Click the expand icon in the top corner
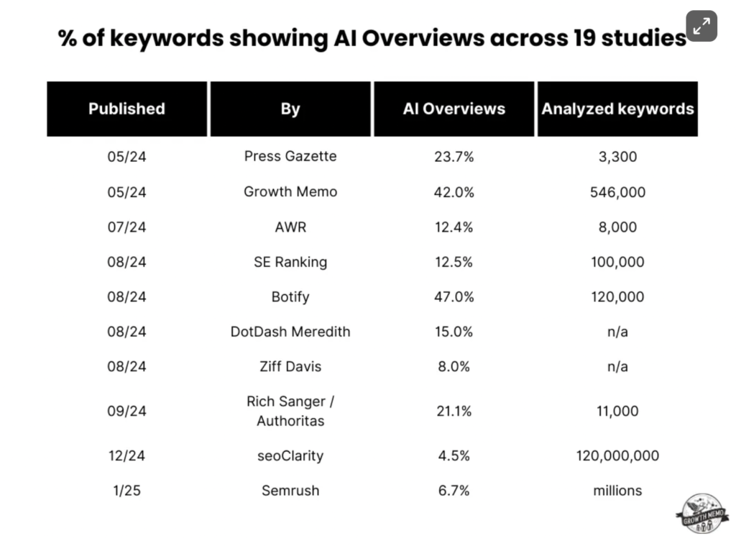pyautogui.click(x=701, y=26)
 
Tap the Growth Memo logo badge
pyautogui.click(x=701, y=514)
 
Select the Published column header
pyautogui.click(x=126, y=109)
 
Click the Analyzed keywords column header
pyautogui.click(x=617, y=109)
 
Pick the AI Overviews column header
pyautogui.click(x=454, y=109)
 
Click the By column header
pyautogui.click(x=290, y=109)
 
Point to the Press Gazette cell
pyautogui.click(x=290, y=156)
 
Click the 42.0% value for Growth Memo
pyautogui.click(x=454, y=192)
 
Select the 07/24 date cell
pyautogui.click(x=126, y=227)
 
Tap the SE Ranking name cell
pyautogui.click(x=290, y=262)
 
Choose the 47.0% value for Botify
pyautogui.click(x=454, y=297)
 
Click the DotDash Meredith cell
pyautogui.click(x=290, y=332)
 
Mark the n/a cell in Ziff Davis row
pyautogui.click(x=617, y=366)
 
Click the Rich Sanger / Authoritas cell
pyautogui.click(x=290, y=411)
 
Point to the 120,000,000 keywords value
pyautogui.click(x=617, y=456)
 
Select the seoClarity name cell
pyautogui.click(x=290, y=456)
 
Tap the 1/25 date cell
pyautogui.click(x=126, y=491)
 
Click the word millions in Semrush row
pyautogui.click(x=617, y=491)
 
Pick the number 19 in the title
pyautogui.click(x=584, y=38)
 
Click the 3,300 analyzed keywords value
pyautogui.click(x=617, y=157)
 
